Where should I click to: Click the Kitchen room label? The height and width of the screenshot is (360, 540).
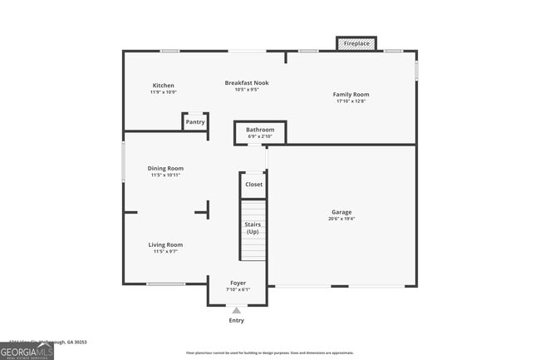click(x=163, y=86)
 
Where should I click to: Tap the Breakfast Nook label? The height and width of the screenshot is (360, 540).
click(x=247, y=83)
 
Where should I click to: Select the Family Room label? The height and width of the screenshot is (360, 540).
click(x=351, y=95)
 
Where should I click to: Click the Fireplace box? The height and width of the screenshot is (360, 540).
click(x=356, y=43)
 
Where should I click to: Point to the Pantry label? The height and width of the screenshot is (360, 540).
click(x=195, y=122)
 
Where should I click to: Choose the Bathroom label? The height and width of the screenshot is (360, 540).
click(x=260, y=130)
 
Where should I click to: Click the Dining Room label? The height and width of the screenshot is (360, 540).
click(x=165, y=169)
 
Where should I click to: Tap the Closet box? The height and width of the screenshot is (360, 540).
click(x=253, y=185)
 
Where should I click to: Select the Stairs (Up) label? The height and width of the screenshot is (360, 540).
click(x=253, y=228)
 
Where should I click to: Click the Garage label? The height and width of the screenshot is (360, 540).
click(x=341, y=212)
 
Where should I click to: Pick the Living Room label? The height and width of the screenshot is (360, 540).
click(x=165, y=245)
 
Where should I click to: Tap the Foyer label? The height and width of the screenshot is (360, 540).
click(x=238, y=283)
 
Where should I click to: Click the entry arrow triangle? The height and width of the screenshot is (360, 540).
click(x=237, y=309)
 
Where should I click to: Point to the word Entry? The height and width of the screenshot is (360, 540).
click(x=237, y=320)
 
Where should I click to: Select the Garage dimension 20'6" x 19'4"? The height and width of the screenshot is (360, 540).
click(x=341, y=219)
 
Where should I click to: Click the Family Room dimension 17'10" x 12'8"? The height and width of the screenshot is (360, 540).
click(x=351, y=101)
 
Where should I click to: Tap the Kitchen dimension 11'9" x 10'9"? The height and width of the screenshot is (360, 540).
click(x=163, y=92)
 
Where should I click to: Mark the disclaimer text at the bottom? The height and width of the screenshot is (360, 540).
click(x=269, y=353)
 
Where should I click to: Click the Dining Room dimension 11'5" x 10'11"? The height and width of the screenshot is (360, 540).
click(x=165, y=175)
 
